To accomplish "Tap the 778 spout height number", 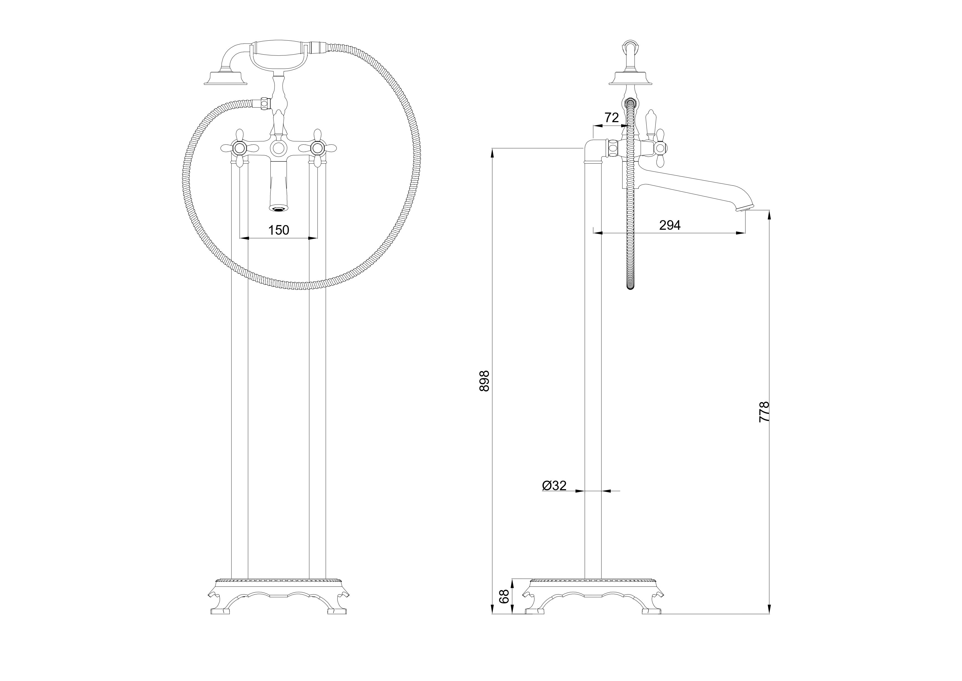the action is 765,412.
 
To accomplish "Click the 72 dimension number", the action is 612,118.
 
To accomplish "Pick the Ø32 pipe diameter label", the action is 554,486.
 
